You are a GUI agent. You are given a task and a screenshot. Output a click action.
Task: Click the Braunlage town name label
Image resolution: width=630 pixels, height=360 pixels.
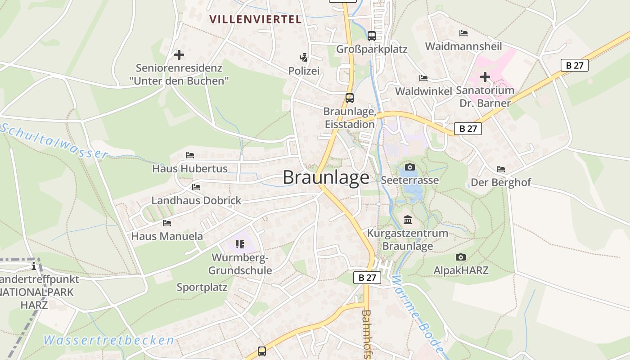click(326, 177)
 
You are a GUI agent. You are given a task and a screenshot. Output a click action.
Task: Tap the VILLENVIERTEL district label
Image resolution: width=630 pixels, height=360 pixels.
click(255, 19)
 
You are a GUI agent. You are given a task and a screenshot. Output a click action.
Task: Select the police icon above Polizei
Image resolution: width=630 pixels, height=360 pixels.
click(304, 57)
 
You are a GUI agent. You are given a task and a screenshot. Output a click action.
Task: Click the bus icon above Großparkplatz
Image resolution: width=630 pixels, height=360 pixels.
click(371, 36)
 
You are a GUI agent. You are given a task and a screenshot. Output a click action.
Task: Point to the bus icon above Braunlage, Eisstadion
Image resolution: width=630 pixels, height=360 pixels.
click(349, 98)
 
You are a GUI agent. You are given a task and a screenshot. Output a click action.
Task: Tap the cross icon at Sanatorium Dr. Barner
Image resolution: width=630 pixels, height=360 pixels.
click(485, 77)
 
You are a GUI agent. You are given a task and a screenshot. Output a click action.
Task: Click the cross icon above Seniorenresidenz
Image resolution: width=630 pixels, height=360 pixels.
click(179, 55)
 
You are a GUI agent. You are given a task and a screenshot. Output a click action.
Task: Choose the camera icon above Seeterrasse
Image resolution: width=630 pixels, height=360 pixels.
click(409, 167)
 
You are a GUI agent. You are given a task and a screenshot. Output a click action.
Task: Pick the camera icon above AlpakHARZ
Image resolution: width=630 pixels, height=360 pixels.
click(460, 257)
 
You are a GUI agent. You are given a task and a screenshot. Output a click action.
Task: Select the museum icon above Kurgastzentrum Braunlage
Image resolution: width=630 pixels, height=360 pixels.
click(408, 220)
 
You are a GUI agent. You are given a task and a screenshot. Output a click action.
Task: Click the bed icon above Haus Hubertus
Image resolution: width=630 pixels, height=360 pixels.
click(190, 155)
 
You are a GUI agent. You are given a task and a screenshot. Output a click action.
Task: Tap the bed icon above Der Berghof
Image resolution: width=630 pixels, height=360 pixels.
click(500, 169)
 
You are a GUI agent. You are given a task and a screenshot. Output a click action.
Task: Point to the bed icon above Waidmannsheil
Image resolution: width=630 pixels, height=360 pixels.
click(463, 33)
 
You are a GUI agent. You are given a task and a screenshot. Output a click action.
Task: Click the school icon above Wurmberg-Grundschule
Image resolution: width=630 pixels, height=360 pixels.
click(240, 244)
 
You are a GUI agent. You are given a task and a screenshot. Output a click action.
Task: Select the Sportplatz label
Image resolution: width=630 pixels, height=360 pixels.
click(202, 287)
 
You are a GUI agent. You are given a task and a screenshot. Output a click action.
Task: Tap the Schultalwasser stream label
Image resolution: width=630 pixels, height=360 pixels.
click(54, 140)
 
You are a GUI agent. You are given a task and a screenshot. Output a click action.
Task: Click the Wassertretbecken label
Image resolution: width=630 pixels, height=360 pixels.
click(109, 340)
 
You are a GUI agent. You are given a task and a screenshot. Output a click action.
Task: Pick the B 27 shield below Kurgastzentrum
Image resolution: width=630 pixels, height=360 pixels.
click(367, 278)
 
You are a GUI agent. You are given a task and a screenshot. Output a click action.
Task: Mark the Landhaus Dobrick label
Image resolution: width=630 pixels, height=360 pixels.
click(196, 200)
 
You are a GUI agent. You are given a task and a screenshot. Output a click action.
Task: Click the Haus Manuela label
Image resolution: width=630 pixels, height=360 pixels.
click(167, 236)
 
